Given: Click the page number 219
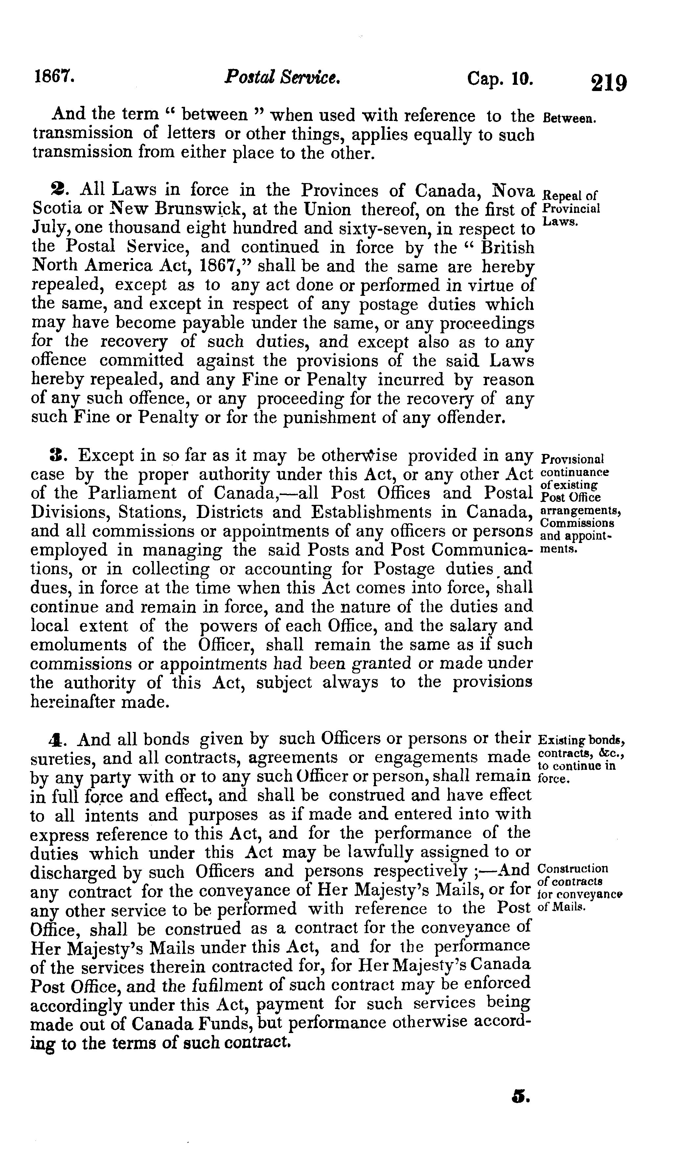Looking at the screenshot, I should (609, 83).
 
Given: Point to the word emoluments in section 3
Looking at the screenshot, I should (78, 645).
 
